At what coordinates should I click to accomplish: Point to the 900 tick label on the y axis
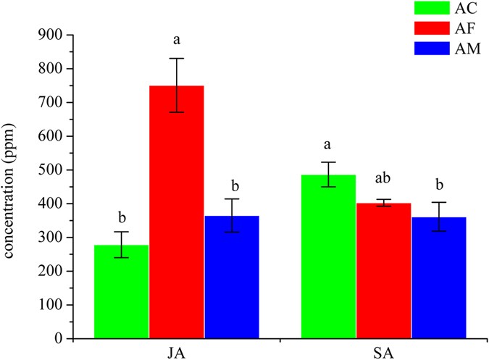(50, 35)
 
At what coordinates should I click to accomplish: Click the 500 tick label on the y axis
(50, 170)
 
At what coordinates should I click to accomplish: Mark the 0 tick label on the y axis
(57, 338)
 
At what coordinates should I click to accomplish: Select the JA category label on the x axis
(177, 352)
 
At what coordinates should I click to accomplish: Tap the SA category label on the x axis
(383, 352)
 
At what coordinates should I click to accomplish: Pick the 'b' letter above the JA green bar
(122, 216)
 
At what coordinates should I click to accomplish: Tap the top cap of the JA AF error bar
(177, 58)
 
